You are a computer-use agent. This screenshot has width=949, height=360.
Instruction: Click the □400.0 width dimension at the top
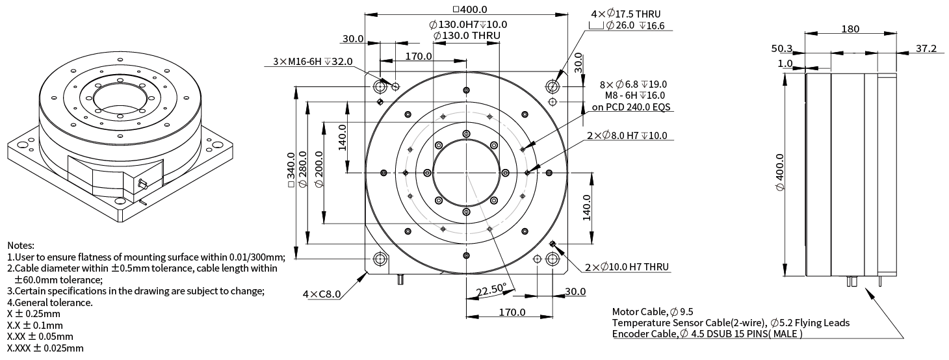(x=469, y=9)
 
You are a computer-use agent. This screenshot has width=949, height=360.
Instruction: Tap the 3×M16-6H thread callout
(x=313, y=61)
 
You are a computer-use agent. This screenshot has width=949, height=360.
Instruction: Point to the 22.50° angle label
(x=491, y=289)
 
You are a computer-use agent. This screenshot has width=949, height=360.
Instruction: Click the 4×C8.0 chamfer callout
(x=322, y=294)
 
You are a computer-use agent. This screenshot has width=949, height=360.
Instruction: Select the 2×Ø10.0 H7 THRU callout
(x=627, y=267)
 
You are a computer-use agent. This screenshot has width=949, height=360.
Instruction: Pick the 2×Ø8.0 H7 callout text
(x=627, y=136)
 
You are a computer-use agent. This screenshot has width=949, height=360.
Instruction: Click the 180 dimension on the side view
(x=850, y=29)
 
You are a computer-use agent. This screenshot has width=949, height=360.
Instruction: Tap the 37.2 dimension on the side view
(x=926, y=48)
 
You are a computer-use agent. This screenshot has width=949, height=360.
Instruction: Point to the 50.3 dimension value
(x=783, y=49)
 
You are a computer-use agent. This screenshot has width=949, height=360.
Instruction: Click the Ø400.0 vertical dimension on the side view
(x=780, y=172)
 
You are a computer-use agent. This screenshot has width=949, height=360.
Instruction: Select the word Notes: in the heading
(x=21, y=246)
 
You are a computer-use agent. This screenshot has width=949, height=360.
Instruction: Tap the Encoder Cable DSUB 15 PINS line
(x=707, y=334)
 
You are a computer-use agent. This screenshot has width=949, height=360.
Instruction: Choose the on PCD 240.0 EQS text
(x=627, y=107)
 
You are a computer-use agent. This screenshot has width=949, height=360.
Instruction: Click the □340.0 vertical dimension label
(x=291, y=172)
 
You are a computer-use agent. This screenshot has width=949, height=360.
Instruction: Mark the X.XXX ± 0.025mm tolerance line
(x=45, y=348)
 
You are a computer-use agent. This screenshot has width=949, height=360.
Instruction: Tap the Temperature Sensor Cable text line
(x=731, y=322)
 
